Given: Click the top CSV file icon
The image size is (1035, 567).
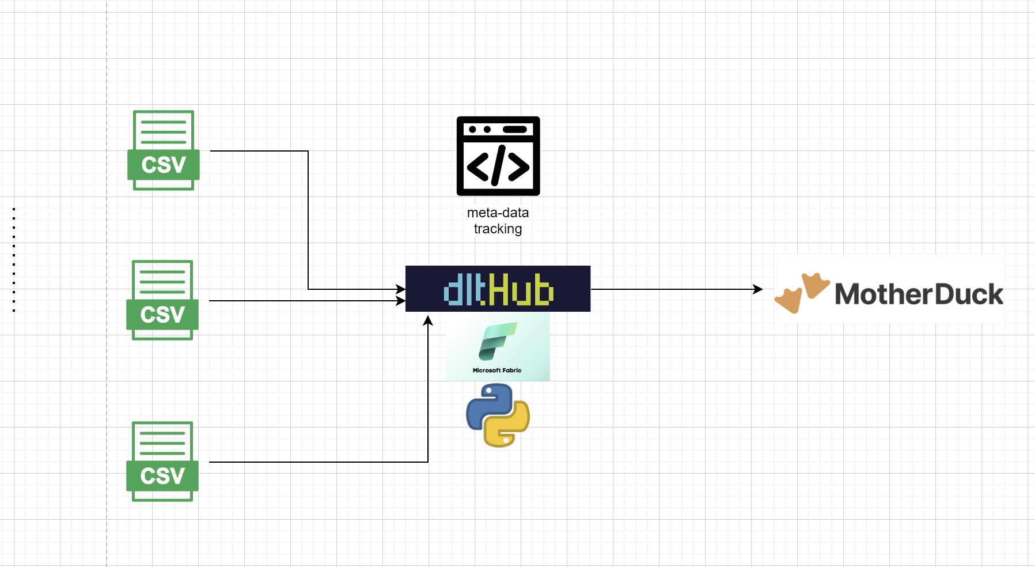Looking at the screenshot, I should [x=164, y=150].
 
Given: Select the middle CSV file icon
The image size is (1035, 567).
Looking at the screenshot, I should [x=162, y=300].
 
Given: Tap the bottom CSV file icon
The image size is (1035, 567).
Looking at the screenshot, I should [x=162, y=461].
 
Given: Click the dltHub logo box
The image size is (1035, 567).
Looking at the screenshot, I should [x=498, y=289].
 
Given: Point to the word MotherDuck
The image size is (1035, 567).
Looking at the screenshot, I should [x=919, y=294].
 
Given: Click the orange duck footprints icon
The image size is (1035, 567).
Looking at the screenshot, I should [x=802, y=292].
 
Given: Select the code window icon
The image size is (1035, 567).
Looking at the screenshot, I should [x=498, y=156].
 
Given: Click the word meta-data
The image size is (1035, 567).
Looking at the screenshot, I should [x=498, y=213].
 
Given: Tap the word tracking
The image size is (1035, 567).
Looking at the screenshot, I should [x=498, y=229].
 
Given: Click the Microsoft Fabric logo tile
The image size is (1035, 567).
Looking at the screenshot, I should [x=498, y=346].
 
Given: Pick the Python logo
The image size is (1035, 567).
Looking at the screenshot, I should [x=498, y=415].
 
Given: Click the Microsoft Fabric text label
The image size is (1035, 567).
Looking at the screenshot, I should [x=497, y=371].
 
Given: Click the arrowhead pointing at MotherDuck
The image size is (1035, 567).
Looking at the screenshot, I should [x=758, y=289].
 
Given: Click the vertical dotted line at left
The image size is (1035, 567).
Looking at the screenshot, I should [x=14, y=259].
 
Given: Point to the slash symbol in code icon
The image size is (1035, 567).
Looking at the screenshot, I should [x=498, y=166].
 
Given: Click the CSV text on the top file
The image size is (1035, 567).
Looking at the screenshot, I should [x=164, y=165].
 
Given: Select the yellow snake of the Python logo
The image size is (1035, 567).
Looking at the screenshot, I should [x=508, y=428].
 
